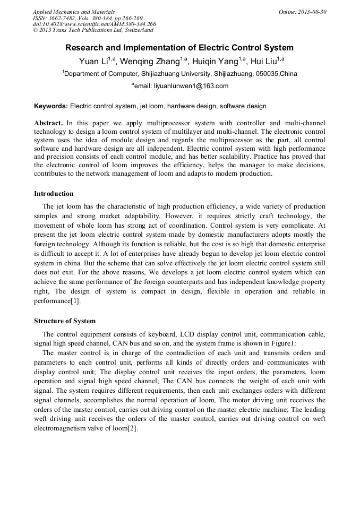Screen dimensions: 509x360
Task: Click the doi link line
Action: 94,24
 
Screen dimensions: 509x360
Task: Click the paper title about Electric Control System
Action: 179,48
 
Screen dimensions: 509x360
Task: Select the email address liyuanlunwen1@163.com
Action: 190,86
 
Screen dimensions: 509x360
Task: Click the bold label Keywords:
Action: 51,106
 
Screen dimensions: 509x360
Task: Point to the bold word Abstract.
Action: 49,123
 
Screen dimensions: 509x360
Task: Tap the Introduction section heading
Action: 54,194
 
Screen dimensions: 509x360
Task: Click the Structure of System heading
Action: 65,321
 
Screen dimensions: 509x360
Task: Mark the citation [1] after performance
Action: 76,301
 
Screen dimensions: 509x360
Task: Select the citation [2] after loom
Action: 133,429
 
